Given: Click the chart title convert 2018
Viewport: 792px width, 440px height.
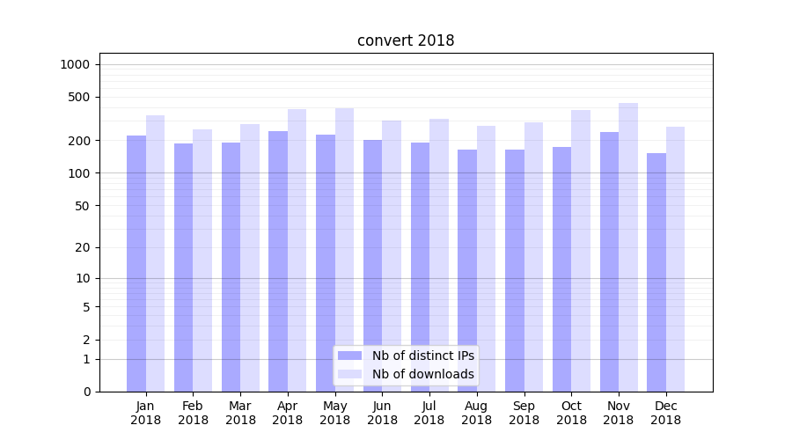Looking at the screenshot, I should [406, 40].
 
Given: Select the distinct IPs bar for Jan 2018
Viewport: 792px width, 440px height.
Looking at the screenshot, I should [136, 264].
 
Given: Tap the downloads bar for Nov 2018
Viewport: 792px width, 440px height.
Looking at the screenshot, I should [628, 246].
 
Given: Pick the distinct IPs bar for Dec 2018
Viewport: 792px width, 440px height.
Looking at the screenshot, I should [656, 273].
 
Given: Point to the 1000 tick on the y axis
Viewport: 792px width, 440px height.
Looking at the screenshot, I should [75, 64].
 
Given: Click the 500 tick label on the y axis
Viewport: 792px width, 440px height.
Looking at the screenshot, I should [79, 97].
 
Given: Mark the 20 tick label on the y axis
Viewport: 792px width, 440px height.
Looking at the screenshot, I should [83, 247].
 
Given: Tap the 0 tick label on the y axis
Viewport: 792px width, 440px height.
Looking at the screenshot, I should [86, 392].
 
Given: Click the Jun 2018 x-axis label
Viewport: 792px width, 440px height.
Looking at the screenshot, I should [382, 413].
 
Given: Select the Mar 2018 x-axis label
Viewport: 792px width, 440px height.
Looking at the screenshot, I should [240, 413].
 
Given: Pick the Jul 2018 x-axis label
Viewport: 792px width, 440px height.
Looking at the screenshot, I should [429, 413].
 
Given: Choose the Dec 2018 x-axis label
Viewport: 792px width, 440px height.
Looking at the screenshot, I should [665, 413].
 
